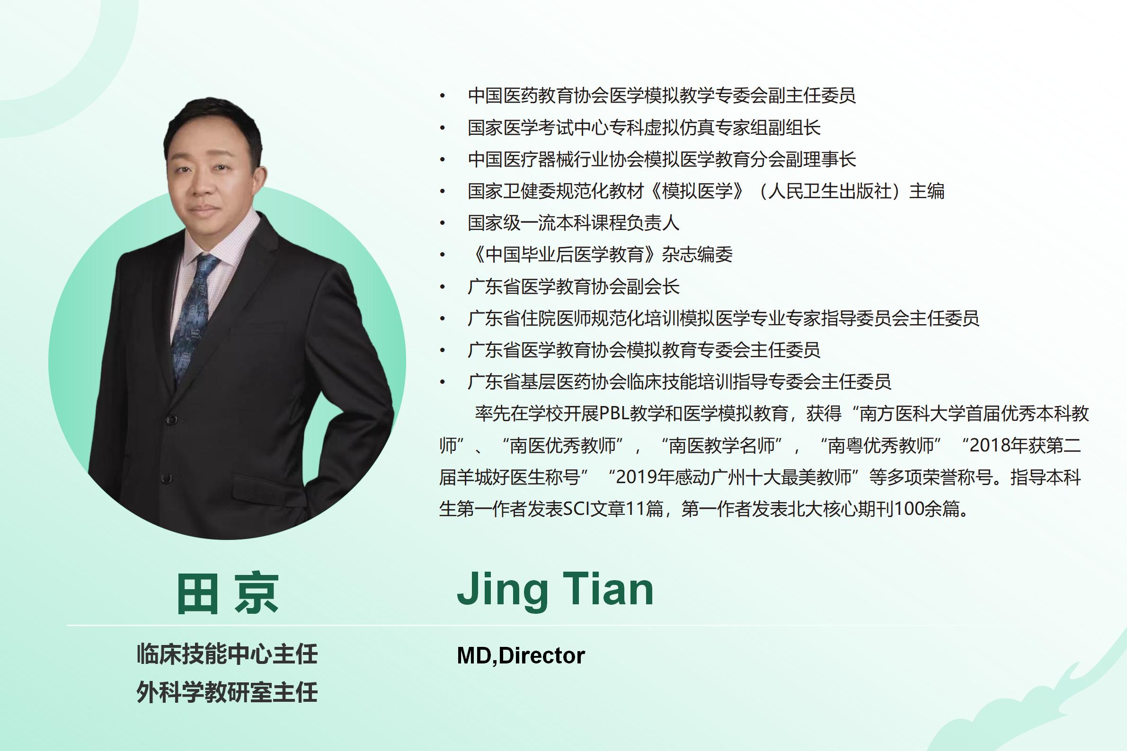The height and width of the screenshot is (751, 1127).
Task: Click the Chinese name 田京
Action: click(228, 592)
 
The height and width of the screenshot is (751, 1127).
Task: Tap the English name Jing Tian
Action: click(555, 590)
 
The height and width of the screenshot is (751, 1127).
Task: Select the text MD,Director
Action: click(521, 656)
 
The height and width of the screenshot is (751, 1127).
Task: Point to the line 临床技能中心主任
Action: click(227, 654)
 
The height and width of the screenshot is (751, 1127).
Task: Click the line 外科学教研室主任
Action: click(227, 692)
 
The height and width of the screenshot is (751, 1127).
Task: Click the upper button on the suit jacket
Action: click(170, 420)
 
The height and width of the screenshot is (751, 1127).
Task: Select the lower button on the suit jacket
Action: click(166, 477)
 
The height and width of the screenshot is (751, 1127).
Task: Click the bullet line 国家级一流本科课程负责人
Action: click(573, 223)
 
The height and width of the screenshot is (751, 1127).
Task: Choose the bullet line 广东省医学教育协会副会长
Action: click(573, 286)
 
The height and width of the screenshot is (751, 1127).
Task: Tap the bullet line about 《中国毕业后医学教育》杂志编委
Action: click(600, 254)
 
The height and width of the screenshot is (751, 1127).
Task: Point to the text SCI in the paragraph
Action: click(576, 509)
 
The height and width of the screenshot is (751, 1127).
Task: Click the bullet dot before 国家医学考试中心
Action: click(443, 128)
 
